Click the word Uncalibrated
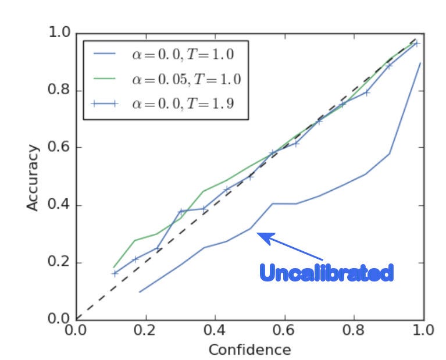(326, 272)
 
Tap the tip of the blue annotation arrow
(258, 234)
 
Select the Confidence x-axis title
(249, 350)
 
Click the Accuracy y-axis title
(33, 177)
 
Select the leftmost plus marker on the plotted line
(115, 273)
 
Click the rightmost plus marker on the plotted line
(416, 44)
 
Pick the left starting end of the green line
(113, 267)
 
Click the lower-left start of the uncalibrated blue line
(139, 292)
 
